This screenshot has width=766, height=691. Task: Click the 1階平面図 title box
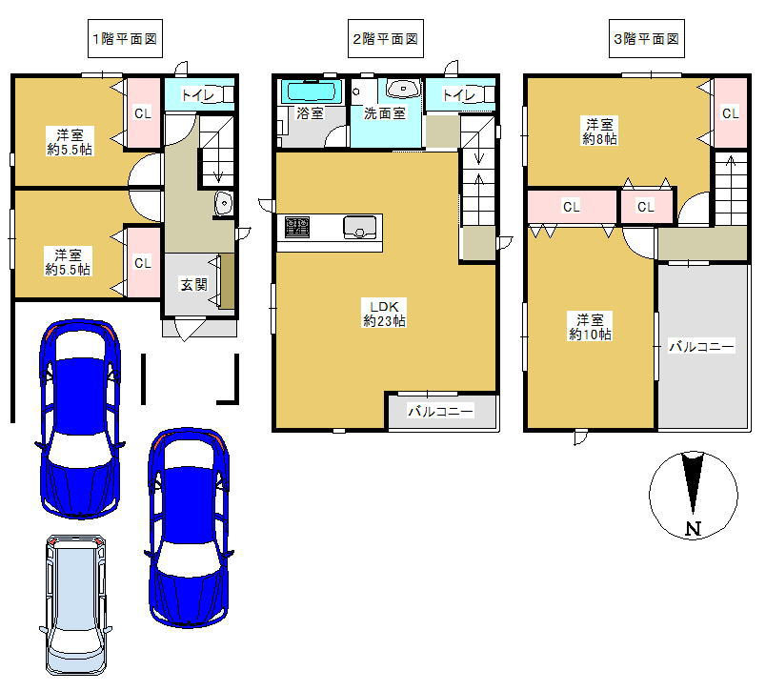click(x=125, y=39)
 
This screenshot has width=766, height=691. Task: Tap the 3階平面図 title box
click(x=646, y=39)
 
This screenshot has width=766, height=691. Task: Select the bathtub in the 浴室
click(x=312, y=91)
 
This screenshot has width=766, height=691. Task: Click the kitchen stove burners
click(x=297, y=228)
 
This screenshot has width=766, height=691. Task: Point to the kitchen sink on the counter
click(x=360, y=227)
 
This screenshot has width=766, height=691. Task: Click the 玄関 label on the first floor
click(x=194, y=284)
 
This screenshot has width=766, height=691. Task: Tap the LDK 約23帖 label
click(x=384, y=314)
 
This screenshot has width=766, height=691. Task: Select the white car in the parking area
click(x=74, y=604)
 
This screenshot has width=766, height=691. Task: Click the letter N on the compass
click(x=694, y=528)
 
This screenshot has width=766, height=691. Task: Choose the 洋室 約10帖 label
click(x=590, y=327)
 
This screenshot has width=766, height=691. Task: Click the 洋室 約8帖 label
click(x=599, y=131)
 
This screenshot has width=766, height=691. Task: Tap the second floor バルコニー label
click(x=441, y=412)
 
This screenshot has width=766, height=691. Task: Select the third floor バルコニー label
click(x=701, y=347)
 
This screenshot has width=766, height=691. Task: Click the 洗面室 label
click(x=385, y=113)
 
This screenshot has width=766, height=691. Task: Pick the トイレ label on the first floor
click(x=198, y=94)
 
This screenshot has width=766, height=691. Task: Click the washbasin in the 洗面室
click(x=404, y=89)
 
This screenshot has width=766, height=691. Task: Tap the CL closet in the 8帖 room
click(x=731, y=112)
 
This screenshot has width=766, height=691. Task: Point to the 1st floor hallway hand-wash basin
click(x=224, y=203)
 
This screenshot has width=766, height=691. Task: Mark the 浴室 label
click(x=311, y=113)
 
